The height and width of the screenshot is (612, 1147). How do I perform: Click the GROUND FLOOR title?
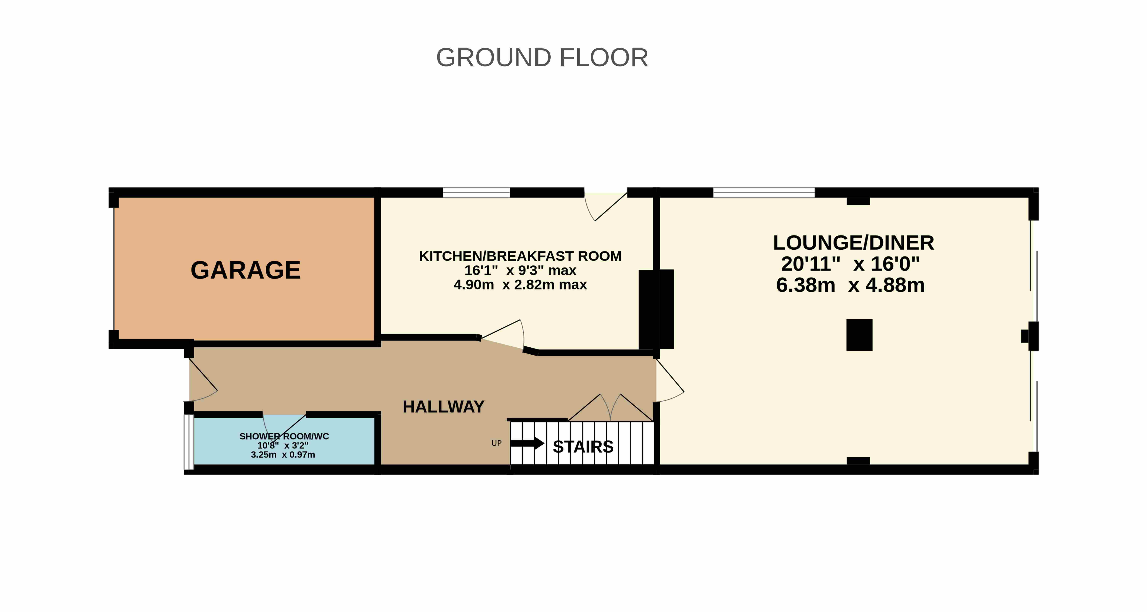542,58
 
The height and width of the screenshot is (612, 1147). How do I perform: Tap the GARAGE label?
246,270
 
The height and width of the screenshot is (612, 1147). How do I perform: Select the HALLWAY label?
443,407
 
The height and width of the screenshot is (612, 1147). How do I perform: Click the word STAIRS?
583,446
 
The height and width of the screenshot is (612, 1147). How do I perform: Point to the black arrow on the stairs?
528,443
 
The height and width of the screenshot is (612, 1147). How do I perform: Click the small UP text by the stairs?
497,443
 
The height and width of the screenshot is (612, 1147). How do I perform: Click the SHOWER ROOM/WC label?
284,436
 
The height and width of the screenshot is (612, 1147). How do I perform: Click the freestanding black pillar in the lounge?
859,335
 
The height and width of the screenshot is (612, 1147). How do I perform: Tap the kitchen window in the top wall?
476,193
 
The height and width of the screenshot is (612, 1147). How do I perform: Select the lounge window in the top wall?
764,193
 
